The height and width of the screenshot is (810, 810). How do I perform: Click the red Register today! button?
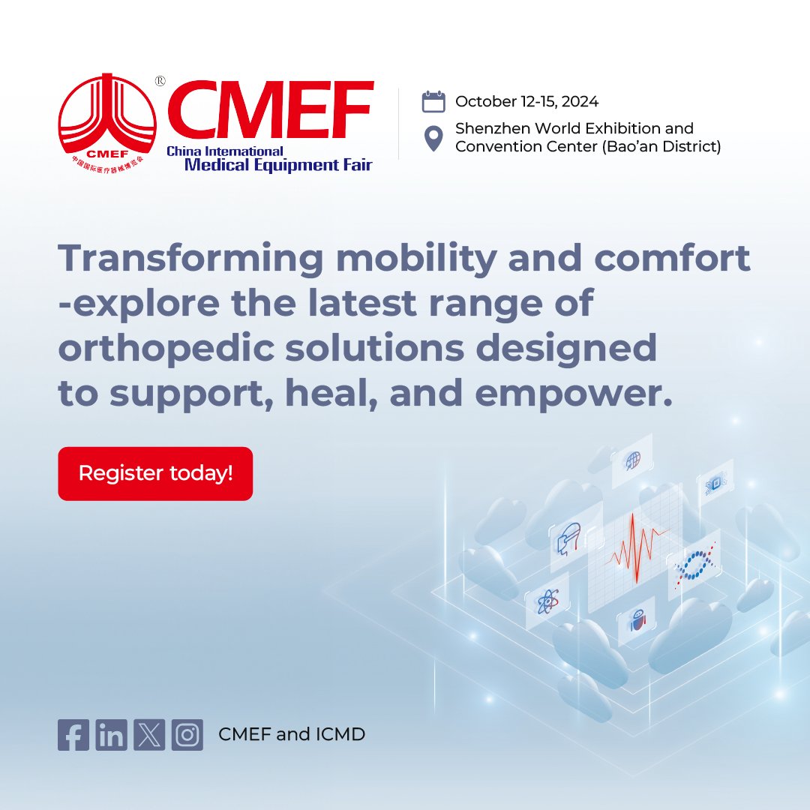click(x=155, y=473)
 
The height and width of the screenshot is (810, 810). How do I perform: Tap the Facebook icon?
click(x=73, y=735)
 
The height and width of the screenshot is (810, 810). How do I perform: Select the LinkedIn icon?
click(x=111, y=735)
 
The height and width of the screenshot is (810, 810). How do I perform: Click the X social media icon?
click(x=149, y=735)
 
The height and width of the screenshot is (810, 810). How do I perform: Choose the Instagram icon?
click(x=187, y=735)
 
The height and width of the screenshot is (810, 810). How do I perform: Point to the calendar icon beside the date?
click(x=433, y=101)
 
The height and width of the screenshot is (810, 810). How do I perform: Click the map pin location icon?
click(x=433, y=139)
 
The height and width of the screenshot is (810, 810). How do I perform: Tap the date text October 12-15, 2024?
click(x=526, y=102)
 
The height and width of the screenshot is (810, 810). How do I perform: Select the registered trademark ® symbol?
click(x=160, y=81)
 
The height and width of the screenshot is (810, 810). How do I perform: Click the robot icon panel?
click(x=637, y=622)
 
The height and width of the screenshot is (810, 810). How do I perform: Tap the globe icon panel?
click(x=632, y=458)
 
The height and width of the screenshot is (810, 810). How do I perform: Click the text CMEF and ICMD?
click(x=292, y=735)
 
